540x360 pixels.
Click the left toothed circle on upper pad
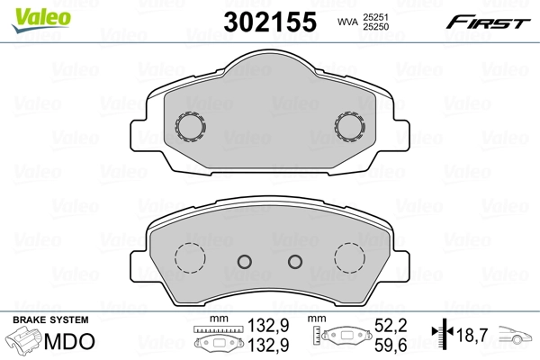(x=191, y=126)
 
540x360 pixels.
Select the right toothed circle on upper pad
(x=349, y=126)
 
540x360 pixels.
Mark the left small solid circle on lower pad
(x=243, y=261)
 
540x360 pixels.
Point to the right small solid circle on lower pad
(x=294, y=261)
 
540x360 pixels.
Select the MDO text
(x=64, y=342)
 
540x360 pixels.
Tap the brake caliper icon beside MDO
(x=25, y=343)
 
